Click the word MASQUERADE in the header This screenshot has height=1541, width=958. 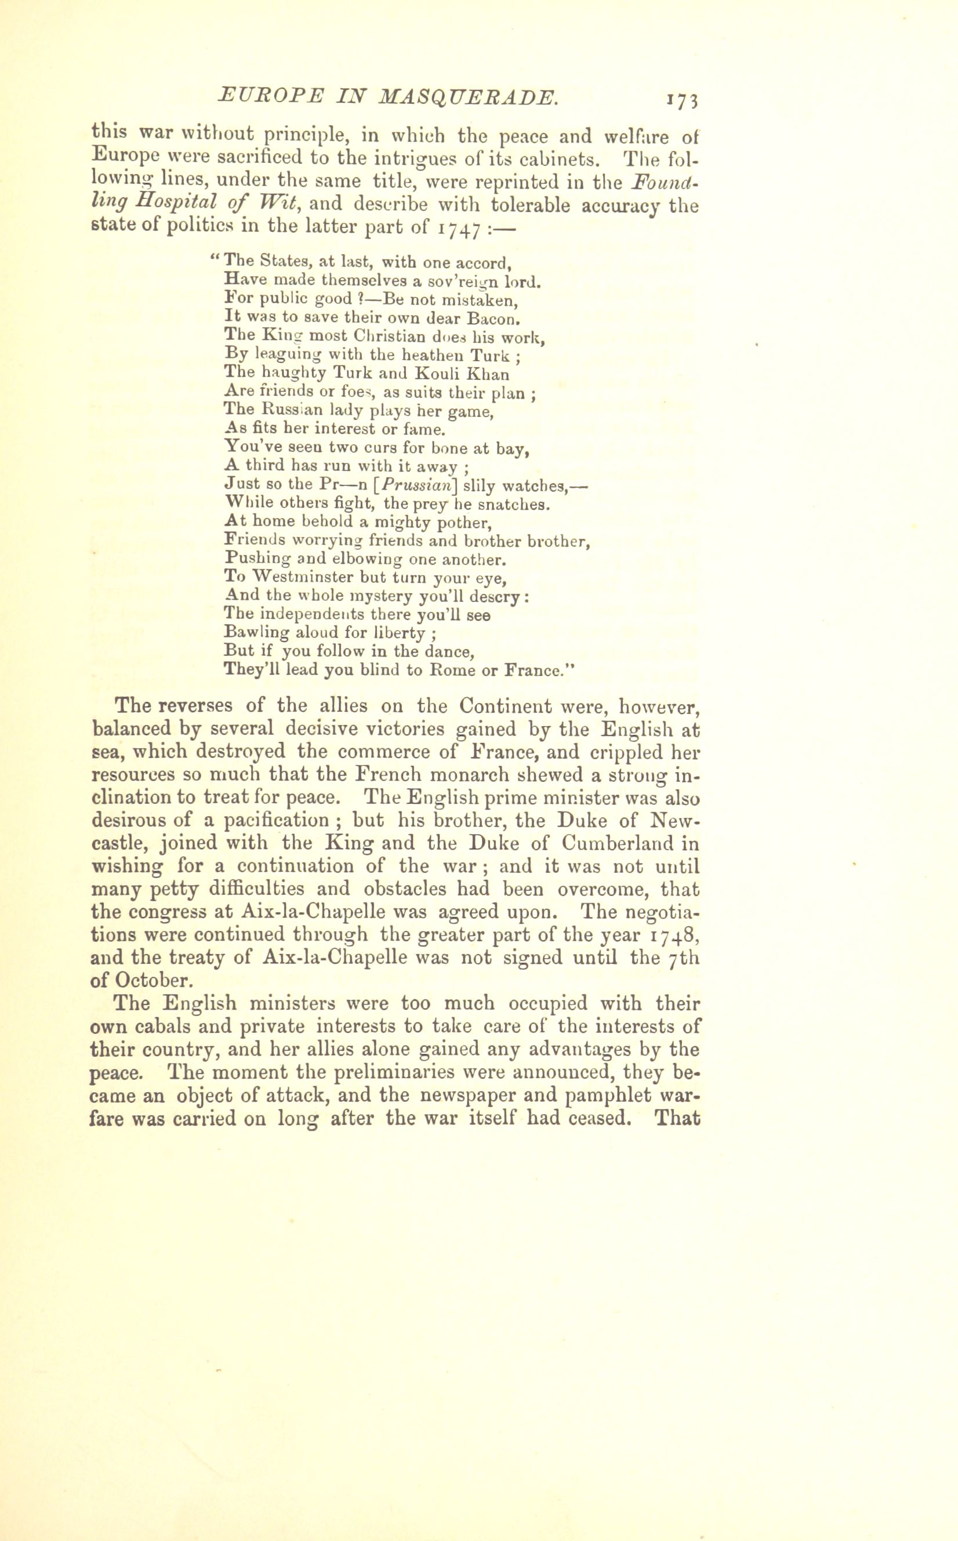pyautogui.click(x=470, y=97)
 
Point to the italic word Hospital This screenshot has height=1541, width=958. pyautogui.click(x=171, y=204)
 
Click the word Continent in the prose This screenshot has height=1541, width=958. pyautogui.click(x=506, y=706)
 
